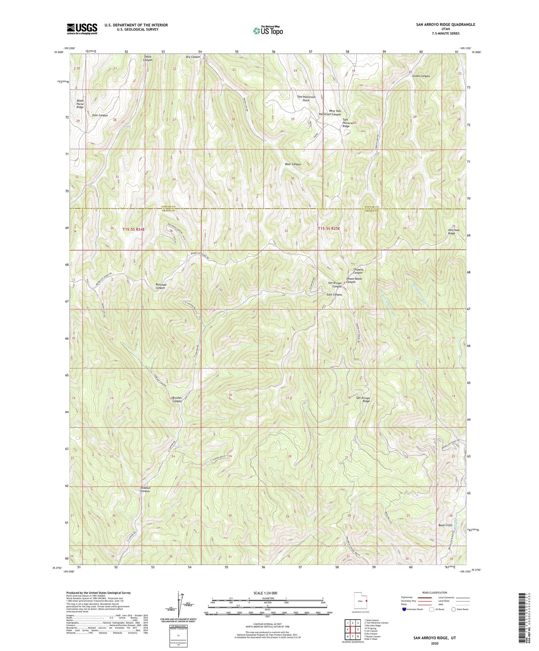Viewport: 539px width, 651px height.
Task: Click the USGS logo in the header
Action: (x=82, y=28)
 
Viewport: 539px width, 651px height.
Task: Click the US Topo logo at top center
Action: (x=267, y=31)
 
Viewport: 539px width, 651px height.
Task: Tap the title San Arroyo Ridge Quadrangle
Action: (x=445, y=25)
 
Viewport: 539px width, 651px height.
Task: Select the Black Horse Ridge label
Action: (x=80, y=104)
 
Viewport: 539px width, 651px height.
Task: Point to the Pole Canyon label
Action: (x=100, y=116)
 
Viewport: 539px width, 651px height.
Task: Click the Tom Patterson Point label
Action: (x=306, y=98)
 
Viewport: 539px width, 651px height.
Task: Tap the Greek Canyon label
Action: (x=421, y=76)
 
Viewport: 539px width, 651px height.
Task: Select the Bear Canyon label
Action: (x=293, y=164)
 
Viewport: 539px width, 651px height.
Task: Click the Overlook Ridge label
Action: (x=454, y=232)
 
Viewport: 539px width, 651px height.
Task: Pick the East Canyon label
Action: (x=334, y=295)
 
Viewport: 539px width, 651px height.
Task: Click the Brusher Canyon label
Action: (x=177, y=400)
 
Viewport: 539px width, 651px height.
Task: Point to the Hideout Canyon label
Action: (x=145, y=490)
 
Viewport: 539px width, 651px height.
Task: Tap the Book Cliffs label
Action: (x=445, y=525)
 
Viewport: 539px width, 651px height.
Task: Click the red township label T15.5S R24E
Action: (x=133, y=229)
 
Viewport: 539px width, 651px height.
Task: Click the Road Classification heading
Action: (x=435, y=592)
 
